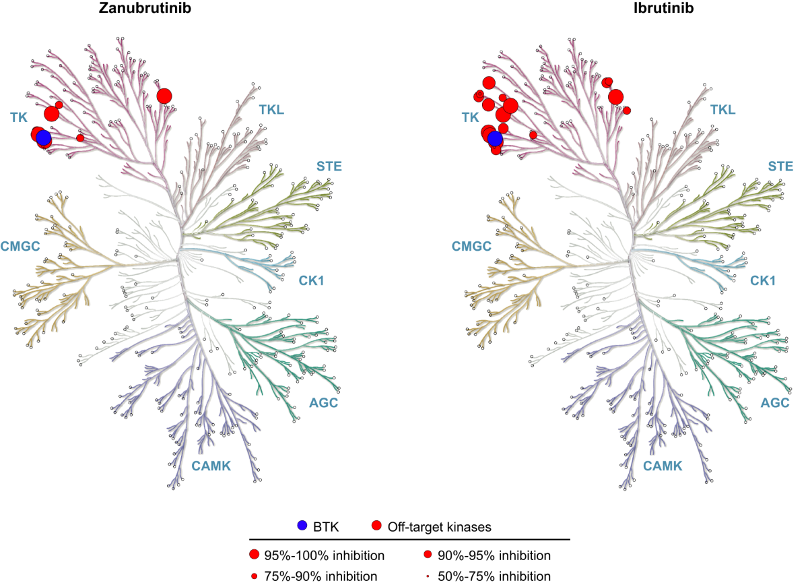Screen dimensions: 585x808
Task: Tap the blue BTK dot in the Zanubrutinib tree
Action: pos(43,138)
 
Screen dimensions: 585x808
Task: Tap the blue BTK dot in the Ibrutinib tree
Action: pos(495,139)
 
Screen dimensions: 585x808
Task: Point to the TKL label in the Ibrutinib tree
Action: pos(722,109)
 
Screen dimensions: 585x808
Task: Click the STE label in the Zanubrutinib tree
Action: pos(329,166)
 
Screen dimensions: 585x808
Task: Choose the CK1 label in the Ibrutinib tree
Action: pos(764,280)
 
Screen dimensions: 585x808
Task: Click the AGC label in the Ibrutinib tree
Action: pos(774,403)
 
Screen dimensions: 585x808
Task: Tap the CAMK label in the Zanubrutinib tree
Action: pos(211,466)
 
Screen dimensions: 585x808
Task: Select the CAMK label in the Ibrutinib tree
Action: pos(663,466)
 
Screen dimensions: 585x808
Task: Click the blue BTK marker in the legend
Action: pos(302,526)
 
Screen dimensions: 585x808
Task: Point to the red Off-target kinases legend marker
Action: pos(376,526)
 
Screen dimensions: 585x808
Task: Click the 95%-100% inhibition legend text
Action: pos(325,556)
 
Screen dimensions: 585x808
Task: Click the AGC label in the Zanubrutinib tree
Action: pos(323,403)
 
